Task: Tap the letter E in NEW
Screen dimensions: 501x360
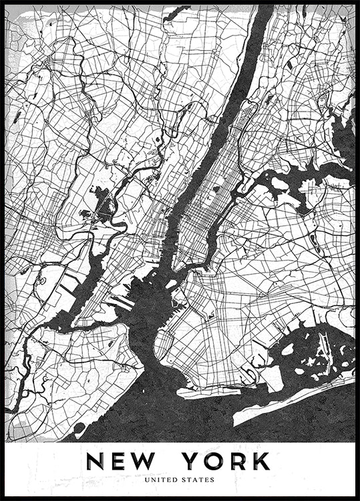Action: click(126, 461)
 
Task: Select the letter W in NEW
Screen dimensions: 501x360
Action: click(157, 461)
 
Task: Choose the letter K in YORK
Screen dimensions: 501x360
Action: click(263, 461)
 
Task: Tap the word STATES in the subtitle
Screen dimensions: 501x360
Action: click(200, 479)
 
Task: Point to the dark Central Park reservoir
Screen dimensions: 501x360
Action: click(216, 190)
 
